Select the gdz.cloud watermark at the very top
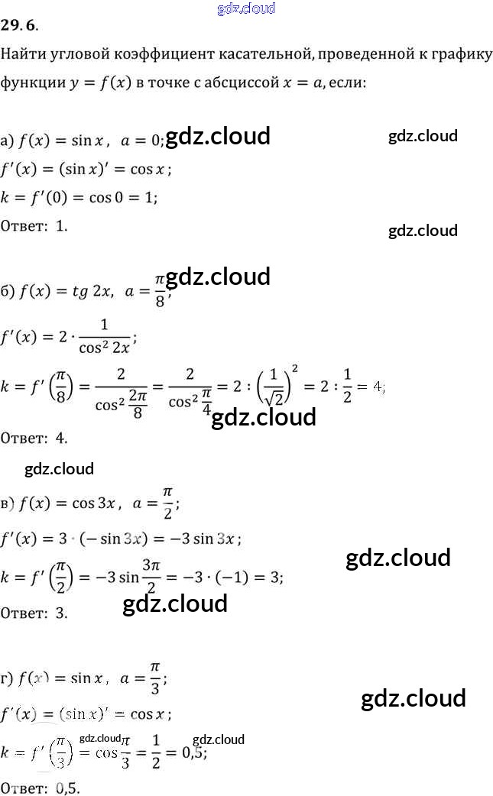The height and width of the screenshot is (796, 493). [246, 8]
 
